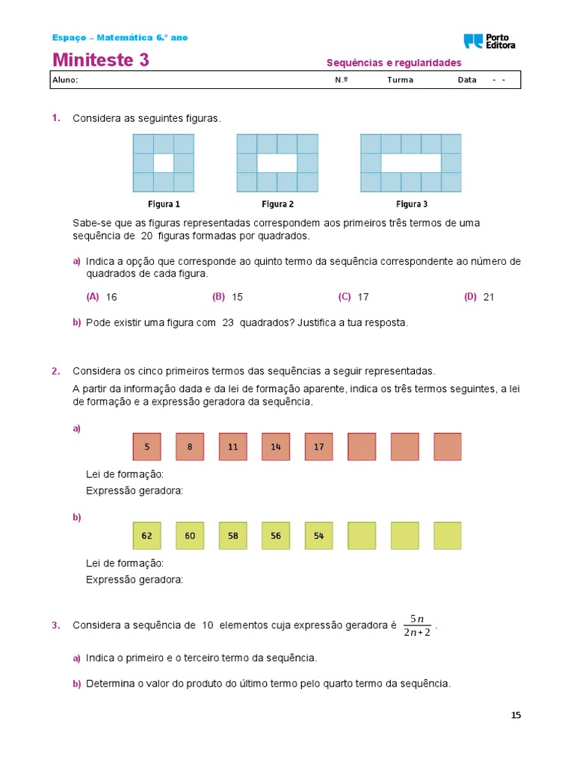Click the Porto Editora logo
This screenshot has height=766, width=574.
coord(490,41)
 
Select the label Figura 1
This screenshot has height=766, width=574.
coord(164,203)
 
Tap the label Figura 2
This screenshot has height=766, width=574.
coord(277,203)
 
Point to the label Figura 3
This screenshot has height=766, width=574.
coord(412,203)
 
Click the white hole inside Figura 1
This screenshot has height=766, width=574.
coord(164,163)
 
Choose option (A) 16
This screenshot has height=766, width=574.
coord(102,297)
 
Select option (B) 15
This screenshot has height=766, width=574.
coord(228,297)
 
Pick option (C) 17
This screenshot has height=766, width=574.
coord(354,297)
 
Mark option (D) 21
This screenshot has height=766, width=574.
coord(479,297)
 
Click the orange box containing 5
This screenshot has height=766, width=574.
coord(147,447)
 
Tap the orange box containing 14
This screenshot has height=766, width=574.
coord(276,447)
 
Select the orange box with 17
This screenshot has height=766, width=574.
coord(319,447)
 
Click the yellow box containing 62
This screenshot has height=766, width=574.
coord(147,536)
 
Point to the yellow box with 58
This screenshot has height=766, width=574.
coord(232,536)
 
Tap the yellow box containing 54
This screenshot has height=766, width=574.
coord(319,536)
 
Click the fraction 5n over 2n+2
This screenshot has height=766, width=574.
coord(416,626)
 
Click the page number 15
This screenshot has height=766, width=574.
coord(516,715)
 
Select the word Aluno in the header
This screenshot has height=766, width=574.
coord(65,80)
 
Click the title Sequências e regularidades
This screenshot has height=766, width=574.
coord(394,63)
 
